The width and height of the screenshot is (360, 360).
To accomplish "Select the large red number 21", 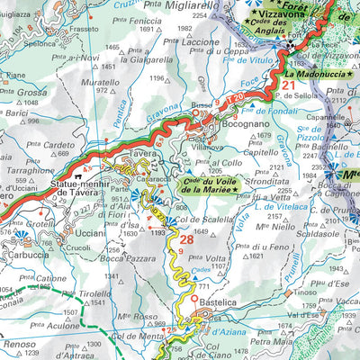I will (288, 86).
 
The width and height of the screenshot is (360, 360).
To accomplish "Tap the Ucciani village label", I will (92, 231).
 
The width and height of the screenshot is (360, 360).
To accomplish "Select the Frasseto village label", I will (83, 29).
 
